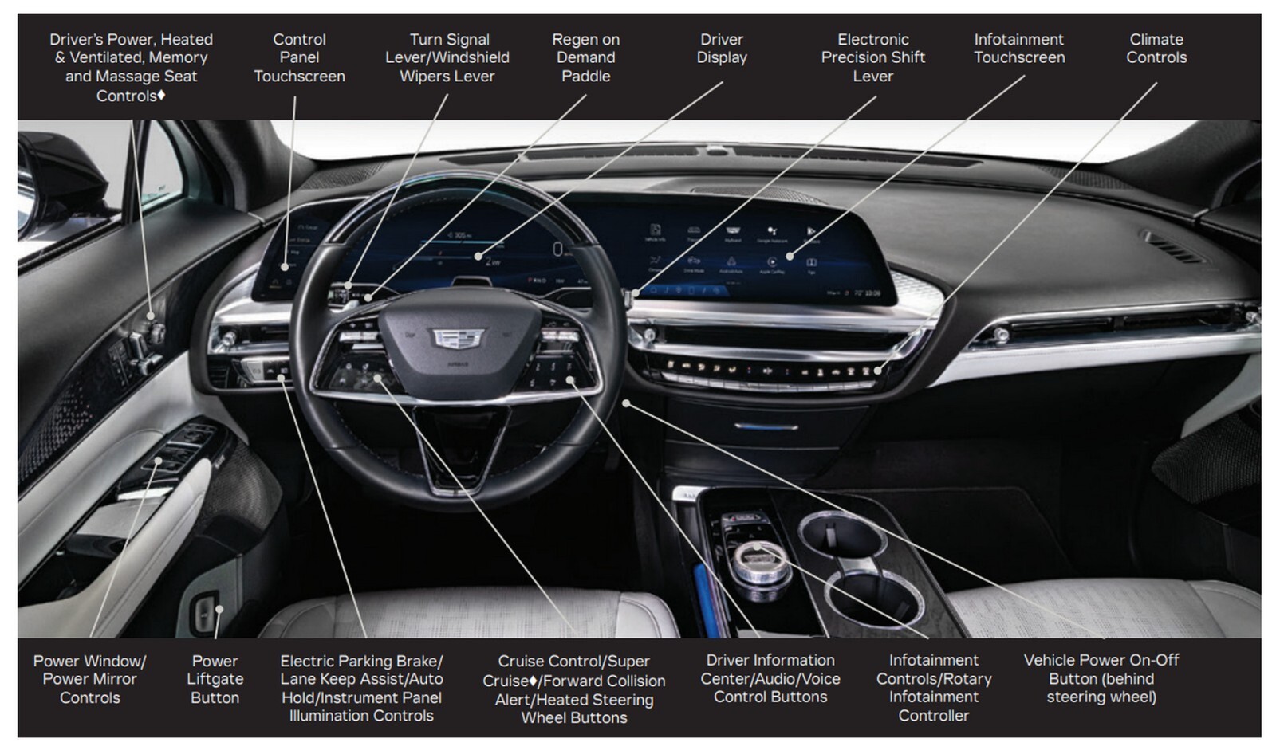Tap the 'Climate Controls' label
pos(1156,49)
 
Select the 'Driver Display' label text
pos(722,49)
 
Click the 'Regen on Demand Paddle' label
pos(585,57)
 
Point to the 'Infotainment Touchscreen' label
pos(1018,49)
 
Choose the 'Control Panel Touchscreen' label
pos(299,57)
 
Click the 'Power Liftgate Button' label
pos(215,679)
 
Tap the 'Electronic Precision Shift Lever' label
pos(872,57)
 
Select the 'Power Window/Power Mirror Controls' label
pos(89,679)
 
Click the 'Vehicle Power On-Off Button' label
pos(1101,678)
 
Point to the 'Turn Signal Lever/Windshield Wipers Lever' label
pos(447,57)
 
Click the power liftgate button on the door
pos(205,613)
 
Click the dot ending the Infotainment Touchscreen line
pos(790,257)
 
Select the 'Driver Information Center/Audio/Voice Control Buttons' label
pos(770,678)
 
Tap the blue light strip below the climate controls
pos(766,427)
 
